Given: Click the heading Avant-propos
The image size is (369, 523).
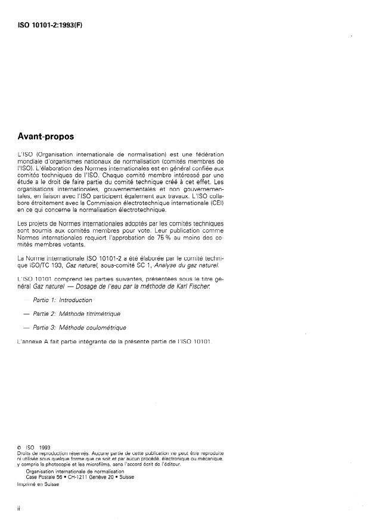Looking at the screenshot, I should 45,136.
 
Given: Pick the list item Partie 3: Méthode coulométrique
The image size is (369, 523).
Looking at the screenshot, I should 77,328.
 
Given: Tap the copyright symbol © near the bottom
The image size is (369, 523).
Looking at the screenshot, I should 21,447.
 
